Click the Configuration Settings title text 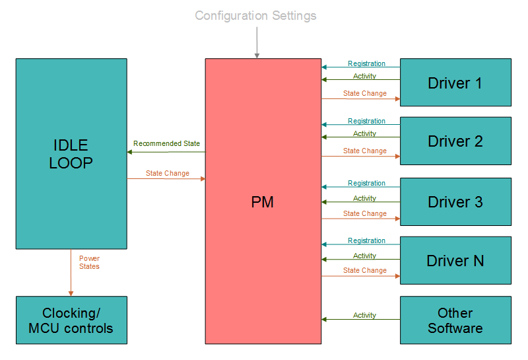click(255, 15)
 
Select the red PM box click(263, 201)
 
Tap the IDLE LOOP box click(71, 153)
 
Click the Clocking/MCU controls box click(71, 320)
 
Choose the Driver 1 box click(455, 83)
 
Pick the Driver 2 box click(455, 141)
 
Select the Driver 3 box click(455, 201)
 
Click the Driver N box click(455, 260)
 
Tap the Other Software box click(455, 320)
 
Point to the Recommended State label click(166, 143)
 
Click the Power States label click(89, 262)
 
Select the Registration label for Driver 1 click(366, 64)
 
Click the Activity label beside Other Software click(364, 315)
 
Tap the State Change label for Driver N click(365, 270)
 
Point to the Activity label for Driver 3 click(364, 198)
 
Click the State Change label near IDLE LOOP click(168, 173)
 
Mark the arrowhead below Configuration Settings click(257, 55)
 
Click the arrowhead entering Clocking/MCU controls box click(71, 293)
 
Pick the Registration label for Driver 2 click(366, 121)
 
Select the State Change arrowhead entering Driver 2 click(397, 157)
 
